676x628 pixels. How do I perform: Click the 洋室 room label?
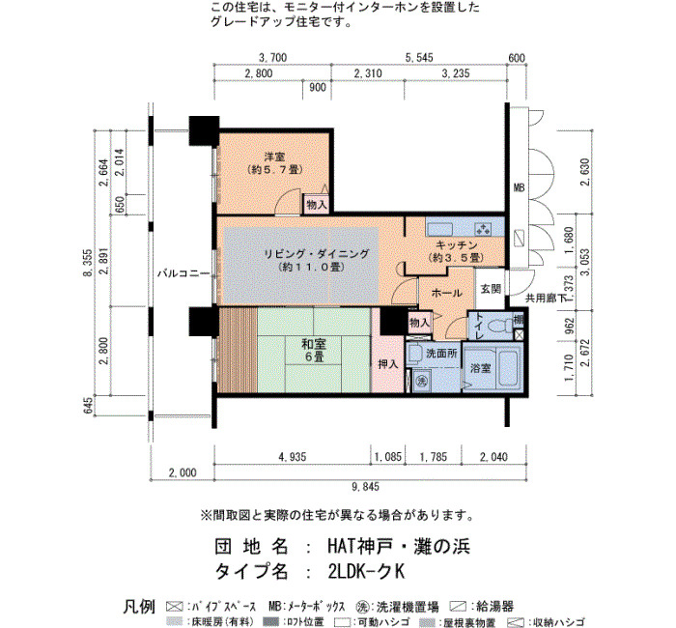click(274, 157)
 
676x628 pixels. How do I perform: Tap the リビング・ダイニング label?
click(317, 254)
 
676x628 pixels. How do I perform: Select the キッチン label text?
click(457, 245)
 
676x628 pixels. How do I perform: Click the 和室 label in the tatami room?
click(314, 344)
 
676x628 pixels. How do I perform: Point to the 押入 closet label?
click(388, 364)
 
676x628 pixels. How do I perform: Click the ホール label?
click(446, 293)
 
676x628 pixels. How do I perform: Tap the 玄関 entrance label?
click(491, 289)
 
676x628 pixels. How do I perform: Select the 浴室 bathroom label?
click(480, 368)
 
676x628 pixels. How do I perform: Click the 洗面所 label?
click(441, 354)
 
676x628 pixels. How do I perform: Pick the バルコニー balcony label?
click(183, 273)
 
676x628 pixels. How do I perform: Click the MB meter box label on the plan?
click(520, 187)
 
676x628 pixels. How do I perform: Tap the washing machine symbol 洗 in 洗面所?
click(421, 381)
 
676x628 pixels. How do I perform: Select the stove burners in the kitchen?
click(483, 229)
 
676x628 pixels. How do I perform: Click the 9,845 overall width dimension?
click(365, 487)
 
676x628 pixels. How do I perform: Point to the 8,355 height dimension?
click(88, 263)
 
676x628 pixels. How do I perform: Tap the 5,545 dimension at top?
click(419, 57)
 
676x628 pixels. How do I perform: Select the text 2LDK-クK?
click(366, 572)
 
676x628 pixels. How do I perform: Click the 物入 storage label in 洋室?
click(317, 205)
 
